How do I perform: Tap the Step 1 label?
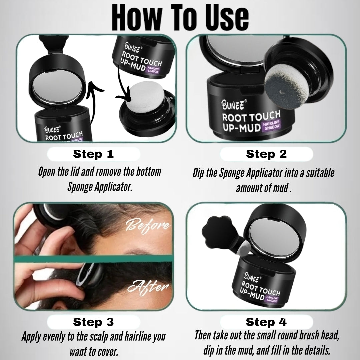pyautogui.click(x=93, y=154)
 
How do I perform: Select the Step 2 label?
pyautogui.click(x=266, y=154)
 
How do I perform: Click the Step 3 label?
pyautogui.click(x=93, y=322)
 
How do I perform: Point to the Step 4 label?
pyautogui.click(x=266, y=322)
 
